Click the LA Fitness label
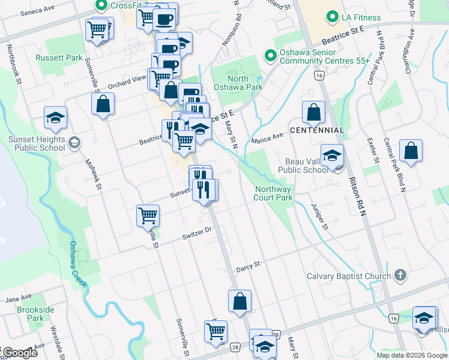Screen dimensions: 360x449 (361, 17)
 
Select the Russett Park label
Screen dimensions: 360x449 (58, 58)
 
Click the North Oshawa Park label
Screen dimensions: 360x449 (246, 83)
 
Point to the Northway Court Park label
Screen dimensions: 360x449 (273, 193)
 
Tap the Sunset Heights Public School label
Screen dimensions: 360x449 (36, 143)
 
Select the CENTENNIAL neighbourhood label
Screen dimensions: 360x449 (317, 130)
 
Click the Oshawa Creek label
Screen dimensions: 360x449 (79, 264)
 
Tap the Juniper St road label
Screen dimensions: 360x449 (320, 217)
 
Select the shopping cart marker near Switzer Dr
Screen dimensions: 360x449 (148, 214)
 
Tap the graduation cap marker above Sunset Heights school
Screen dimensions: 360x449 (55, 118)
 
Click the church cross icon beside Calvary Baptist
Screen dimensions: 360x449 (400, 277)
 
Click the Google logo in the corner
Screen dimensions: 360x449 (19, 353)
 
